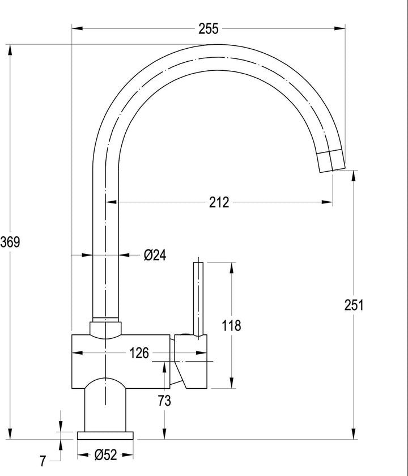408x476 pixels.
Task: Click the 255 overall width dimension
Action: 209,28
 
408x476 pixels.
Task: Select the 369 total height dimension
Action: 10,242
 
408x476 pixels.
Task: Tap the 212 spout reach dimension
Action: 219,202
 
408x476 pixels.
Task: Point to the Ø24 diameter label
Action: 155,255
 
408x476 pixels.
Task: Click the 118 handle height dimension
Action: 231,325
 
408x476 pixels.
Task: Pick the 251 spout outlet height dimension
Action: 354,305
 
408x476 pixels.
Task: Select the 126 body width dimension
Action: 139,352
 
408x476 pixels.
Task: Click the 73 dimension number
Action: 164,401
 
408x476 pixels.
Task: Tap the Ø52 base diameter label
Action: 105,454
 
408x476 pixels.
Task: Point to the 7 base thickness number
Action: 43,461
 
